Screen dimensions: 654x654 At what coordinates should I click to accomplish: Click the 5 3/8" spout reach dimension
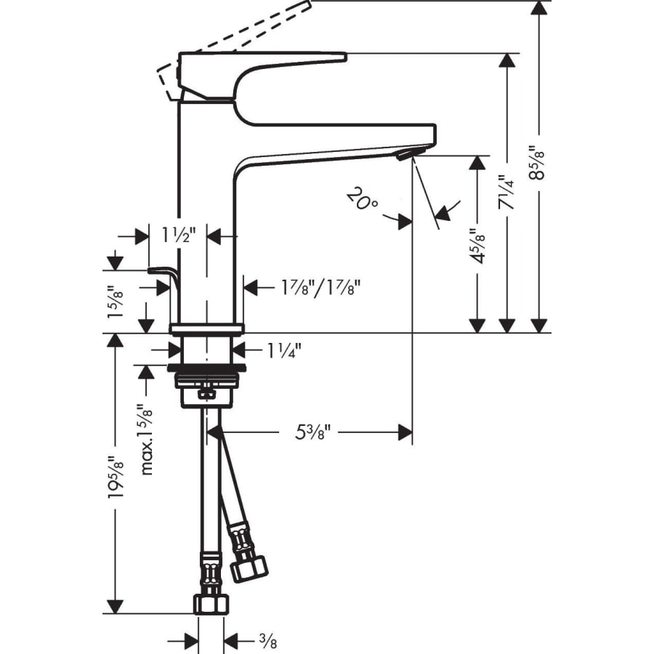(x=313, y=433)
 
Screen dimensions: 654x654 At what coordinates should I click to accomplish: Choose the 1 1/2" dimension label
(x=177, y=235)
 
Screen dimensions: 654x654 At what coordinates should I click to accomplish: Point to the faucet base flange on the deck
(x=207, y=327)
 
